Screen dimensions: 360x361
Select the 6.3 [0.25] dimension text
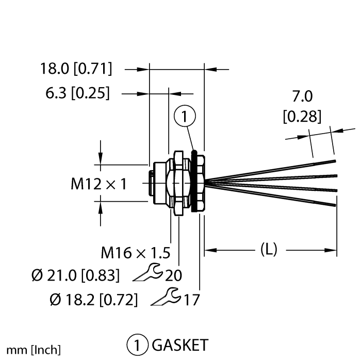click(77, 93)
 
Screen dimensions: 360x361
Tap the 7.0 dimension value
click(303, 96)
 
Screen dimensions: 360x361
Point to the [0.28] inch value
click(302, 116)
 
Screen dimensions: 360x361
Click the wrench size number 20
click(173, 275)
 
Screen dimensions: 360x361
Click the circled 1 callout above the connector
click(185, 117)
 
